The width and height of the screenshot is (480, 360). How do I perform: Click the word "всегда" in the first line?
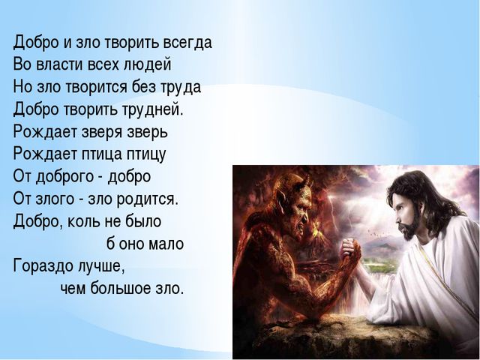187,43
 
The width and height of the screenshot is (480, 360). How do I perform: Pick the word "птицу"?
146,154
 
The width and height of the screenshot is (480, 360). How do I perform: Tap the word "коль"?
83,221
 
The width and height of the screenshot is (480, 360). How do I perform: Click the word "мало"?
166,244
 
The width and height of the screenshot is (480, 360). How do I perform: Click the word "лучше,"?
100,266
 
